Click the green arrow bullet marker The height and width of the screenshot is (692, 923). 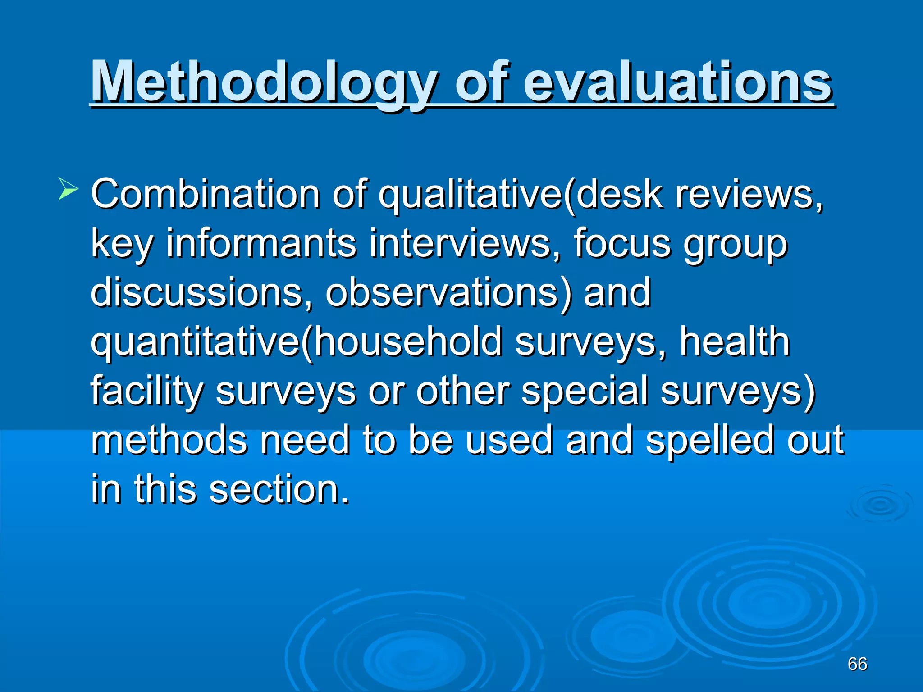tap(68, 189)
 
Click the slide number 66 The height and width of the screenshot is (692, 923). tap(857, 664)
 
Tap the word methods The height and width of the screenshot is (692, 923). tap(169, 440)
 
